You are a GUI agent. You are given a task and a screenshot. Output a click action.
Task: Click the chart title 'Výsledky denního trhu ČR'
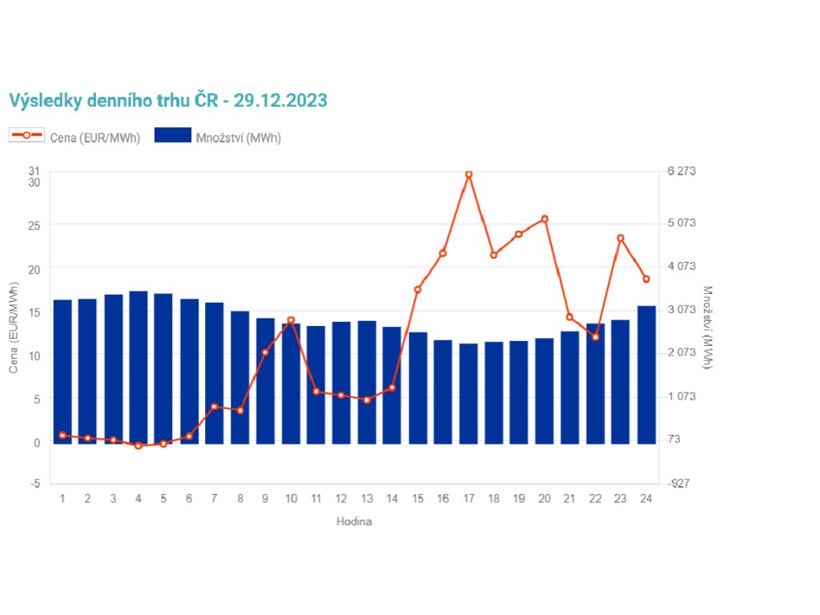tap(168, 100)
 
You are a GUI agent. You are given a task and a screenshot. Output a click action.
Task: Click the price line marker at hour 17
tap(468, 174)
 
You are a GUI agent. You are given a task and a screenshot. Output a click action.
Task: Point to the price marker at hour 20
tap(545, 219)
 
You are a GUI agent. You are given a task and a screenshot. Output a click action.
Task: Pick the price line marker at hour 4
tap(139, 445)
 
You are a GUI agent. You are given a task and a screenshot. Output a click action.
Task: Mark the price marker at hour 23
tap(621, 238)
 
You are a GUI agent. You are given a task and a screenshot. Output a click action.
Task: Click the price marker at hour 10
tap(291, 320)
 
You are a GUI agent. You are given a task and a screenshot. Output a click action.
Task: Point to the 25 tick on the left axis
tap(34, 225)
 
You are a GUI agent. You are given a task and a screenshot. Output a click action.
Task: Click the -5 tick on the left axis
tap(34, 484)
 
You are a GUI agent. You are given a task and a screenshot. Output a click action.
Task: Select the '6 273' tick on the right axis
tap(682, 171)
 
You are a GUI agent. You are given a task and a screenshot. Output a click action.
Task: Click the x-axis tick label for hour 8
tap(239, 499)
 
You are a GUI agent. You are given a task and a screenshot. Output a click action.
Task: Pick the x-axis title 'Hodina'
tap(354, 521)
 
